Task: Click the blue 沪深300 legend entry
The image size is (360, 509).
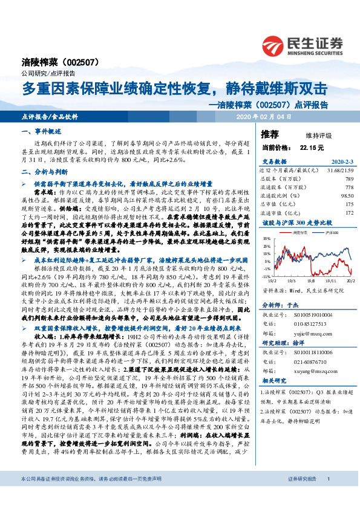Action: [322, 232]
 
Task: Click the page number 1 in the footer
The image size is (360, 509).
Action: [327, 496]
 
